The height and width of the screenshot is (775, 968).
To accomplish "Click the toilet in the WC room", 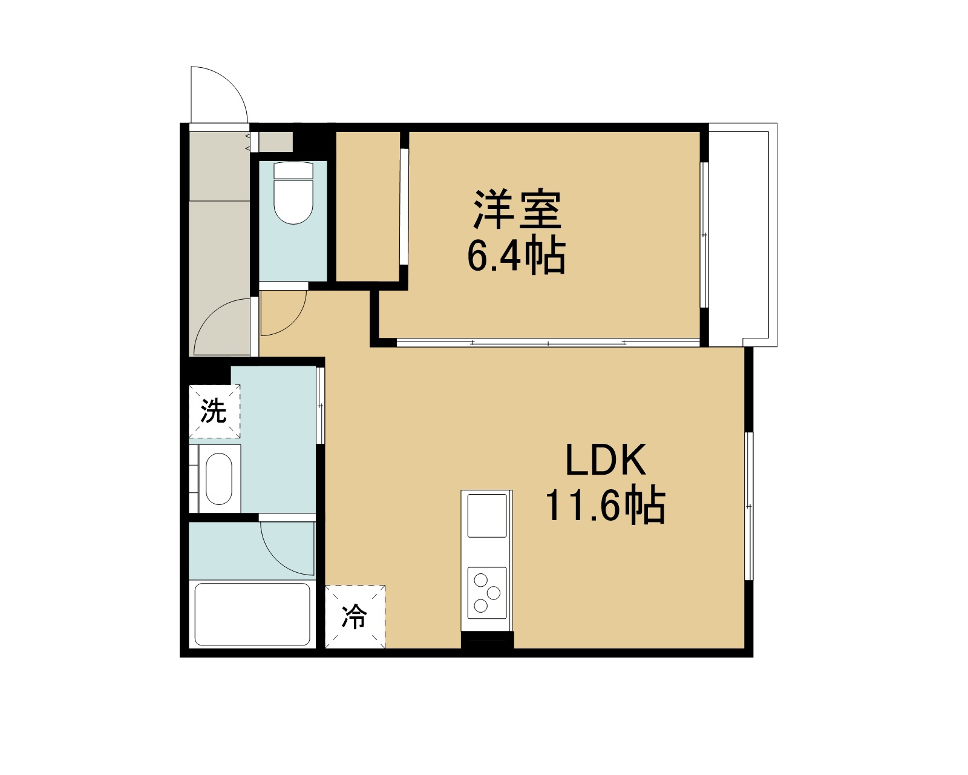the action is click(293, 193).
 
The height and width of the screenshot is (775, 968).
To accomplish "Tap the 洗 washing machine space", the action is click(214, 411).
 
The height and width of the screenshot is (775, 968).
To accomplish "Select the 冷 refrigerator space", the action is click(355, 616).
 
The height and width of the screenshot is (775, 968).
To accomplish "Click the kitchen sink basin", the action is click(487, 516).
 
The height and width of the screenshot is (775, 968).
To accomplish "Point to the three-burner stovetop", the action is click(487, 593).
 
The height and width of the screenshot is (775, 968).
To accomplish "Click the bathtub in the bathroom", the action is click(252, 615).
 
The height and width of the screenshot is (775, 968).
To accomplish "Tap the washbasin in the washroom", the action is click(219, 479).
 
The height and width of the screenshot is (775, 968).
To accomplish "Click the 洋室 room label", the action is click(517, 209).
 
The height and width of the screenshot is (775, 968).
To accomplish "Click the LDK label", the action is click(606, 460).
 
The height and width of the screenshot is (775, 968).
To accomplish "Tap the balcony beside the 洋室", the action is click(743, 234).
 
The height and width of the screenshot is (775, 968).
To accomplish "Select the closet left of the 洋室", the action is click(368, 206).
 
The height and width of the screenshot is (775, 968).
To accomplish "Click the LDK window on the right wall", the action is click(749, 506).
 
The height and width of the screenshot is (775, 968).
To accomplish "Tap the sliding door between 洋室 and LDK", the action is click(548, 343).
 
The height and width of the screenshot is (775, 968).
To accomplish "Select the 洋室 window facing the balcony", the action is click(704, 234).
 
